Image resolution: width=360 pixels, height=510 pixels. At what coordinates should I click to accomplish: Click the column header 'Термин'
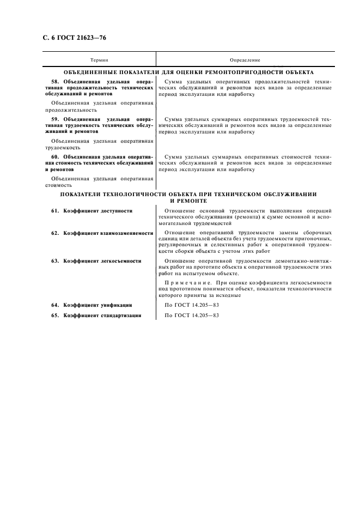[x=99, y=59]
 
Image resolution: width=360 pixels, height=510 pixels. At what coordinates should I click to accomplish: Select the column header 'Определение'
[x=245, y=59]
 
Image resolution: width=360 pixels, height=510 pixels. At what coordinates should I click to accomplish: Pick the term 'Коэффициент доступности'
[x=97, y=211]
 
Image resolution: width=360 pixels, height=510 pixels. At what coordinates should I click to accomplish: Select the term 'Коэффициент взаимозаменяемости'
[x=108, y=233]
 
